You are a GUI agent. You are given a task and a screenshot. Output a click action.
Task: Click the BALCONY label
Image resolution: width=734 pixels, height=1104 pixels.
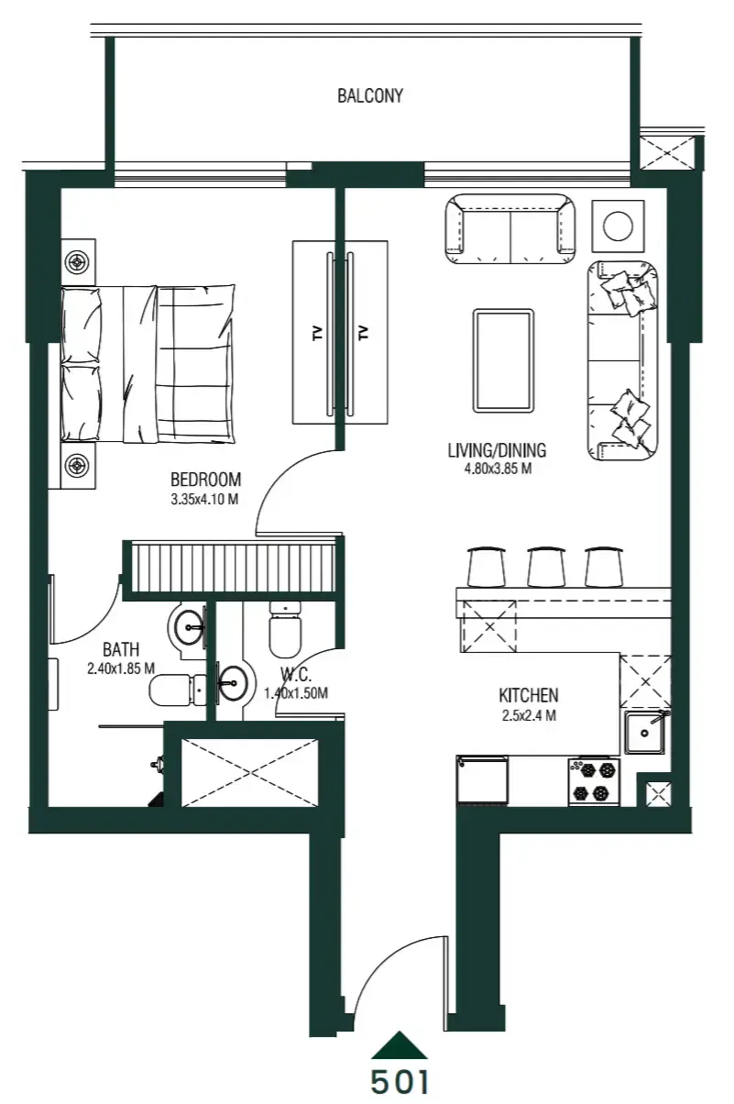pos(369,95)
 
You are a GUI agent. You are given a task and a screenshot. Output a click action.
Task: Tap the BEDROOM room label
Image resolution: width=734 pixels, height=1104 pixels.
pos(206,479)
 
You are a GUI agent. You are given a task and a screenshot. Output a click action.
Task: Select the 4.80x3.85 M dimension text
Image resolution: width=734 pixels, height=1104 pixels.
pos(498,468)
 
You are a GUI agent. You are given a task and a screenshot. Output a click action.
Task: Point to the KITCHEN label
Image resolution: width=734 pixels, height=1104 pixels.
pos(529,696)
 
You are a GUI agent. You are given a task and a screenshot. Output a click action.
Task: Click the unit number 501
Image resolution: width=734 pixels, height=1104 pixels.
pos(400,1081)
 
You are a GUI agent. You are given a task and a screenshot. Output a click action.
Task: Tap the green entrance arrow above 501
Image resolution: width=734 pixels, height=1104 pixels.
pos(400,1045)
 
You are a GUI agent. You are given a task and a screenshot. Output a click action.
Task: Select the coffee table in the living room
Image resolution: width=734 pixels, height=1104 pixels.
pos(502,360)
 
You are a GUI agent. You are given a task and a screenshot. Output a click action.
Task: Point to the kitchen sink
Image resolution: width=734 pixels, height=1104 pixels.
pos(647,732)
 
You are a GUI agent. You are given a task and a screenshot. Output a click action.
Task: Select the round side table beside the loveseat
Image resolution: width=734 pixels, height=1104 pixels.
pos(619,226)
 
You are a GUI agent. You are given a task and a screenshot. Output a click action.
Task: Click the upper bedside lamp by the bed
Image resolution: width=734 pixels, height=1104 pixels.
pos(77,262)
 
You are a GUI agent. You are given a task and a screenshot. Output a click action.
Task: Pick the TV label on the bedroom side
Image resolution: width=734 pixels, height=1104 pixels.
pos(318,333)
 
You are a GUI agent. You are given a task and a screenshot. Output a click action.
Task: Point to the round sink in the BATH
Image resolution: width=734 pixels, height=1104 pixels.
pos(191,628)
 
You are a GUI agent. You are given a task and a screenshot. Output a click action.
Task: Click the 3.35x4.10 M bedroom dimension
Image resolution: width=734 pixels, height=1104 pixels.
pos(206,499)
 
